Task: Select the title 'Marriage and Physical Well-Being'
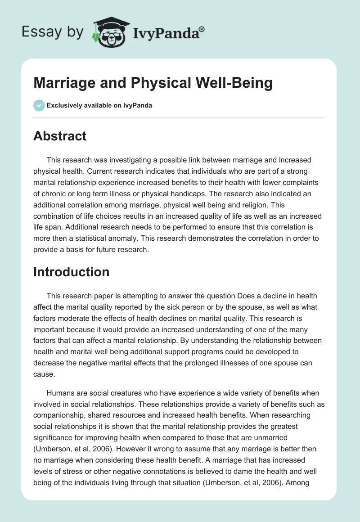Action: click(153, 83)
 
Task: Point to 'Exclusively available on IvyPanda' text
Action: click(99, 106)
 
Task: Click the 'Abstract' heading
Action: click(60, 136)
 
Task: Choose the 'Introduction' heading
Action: click(71, 272)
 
